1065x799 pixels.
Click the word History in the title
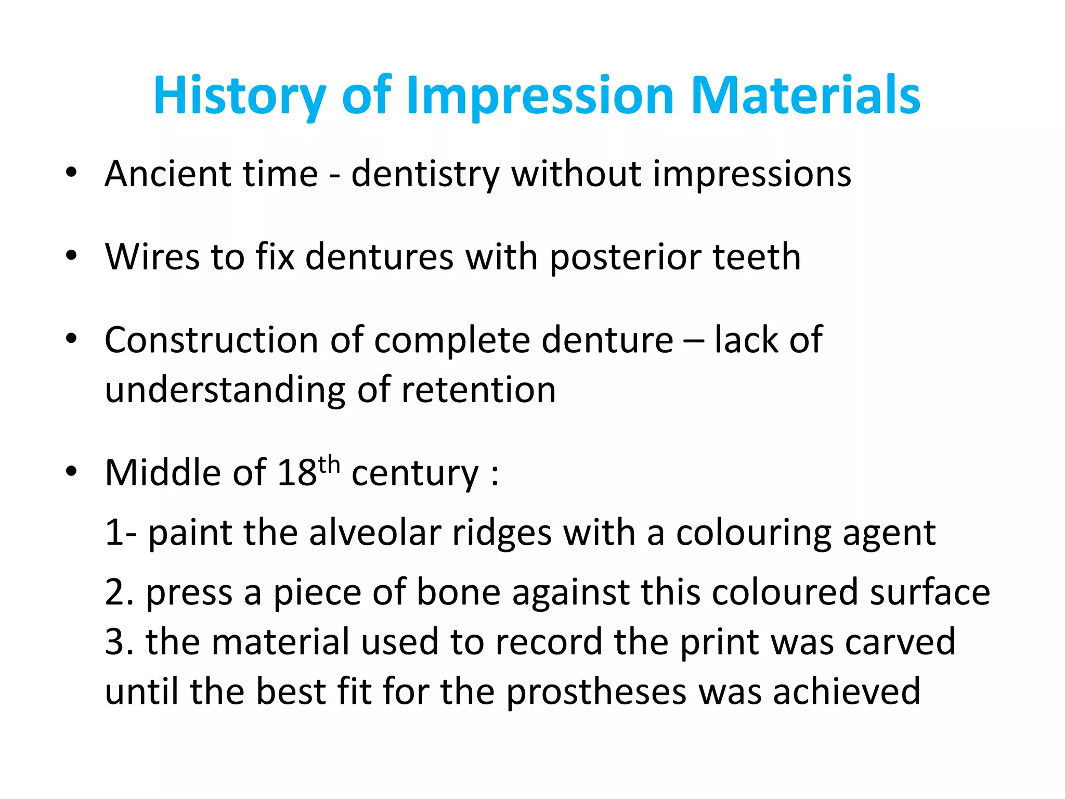(240, 96)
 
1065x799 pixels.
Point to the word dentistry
(425, 174)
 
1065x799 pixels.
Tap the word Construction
(211, 340)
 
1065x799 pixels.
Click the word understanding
(225, 390)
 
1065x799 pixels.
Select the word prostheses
(596, 692)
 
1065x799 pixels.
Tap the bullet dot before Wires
(71, 255)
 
